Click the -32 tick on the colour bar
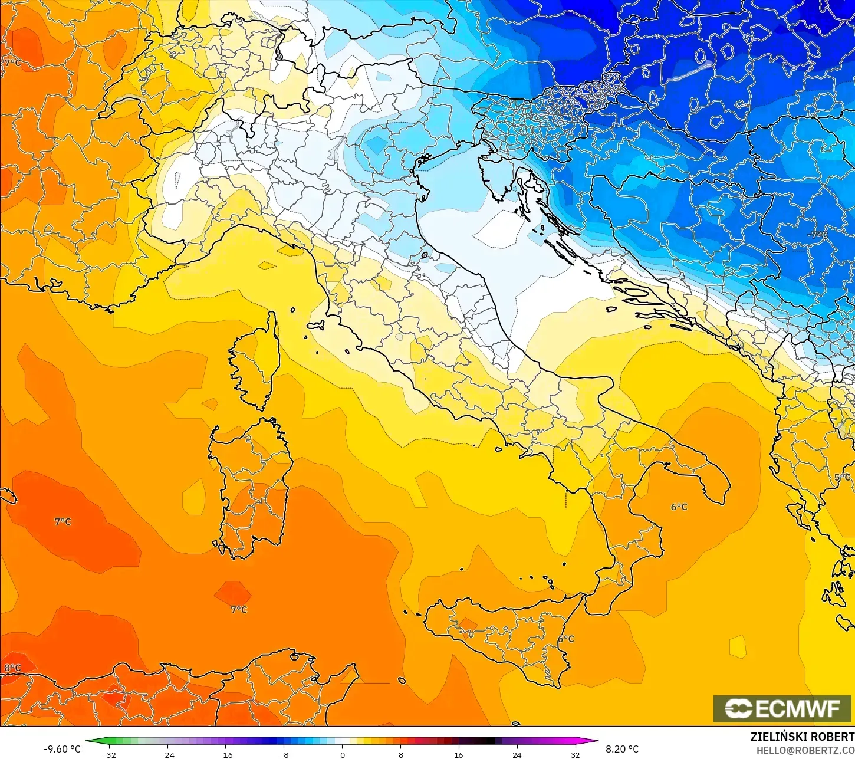[x=108, y=754]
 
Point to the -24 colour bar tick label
[x=167, y=754]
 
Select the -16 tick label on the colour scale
[x=226, y=754]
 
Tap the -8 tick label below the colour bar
[x=284, y=754]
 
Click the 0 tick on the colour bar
[x=342, y=754]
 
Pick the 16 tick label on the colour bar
[x=459, y=754]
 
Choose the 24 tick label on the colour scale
[x=517, y=754]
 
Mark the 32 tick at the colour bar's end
[x=576, y=754]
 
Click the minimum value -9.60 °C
[x=62, y=749]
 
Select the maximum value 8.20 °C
[x=622, y=749]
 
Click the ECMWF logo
[x=782, y=708]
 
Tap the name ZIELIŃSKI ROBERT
[x=802, y=737]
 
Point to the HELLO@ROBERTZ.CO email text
[x=805, y=750]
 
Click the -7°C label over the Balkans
[x=817, y=235]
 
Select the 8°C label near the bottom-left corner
[x=13, y=668]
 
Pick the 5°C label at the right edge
[x=843, y=477]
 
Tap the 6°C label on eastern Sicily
[x=565, y=639]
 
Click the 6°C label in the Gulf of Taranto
[x=679, y=507]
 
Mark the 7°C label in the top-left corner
[x=12, y=63]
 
